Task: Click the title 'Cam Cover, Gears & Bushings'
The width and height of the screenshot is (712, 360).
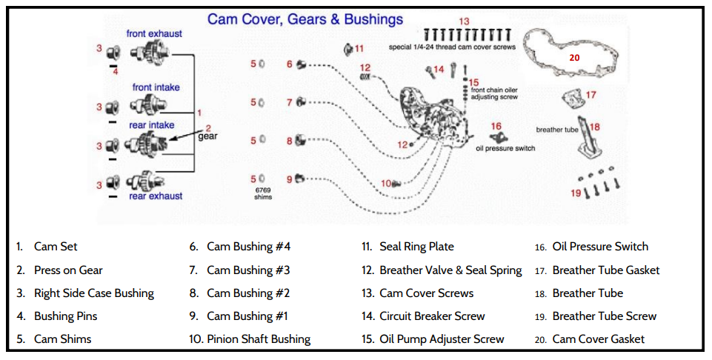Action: click(x=305, y=19)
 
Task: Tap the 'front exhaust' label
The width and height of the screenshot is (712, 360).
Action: click(x=154, y=34)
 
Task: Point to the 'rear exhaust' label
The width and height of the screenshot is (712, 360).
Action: click(x=156, y=196)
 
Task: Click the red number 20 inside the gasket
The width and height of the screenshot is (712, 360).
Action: click(x=575, y=56)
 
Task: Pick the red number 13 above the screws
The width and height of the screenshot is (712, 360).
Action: click(x=465, y=21)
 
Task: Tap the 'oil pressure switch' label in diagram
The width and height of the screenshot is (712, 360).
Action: click(x=505, y=148)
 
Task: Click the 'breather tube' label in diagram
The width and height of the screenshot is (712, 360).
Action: click(x=556, y=130)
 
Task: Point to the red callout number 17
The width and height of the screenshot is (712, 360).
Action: click(x=591, y=95)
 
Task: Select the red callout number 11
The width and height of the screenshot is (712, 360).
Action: click(x=359, y=49)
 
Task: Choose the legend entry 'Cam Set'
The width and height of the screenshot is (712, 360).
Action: click(x=56, y=247)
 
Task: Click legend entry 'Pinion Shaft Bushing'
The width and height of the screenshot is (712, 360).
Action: click(x=259, y=339)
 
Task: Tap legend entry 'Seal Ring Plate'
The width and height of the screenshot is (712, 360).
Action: click(x=416, y=247)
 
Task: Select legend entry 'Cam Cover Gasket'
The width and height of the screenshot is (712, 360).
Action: click(x=599, y=339)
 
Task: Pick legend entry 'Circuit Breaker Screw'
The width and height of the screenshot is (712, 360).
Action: click(x=432, y=316)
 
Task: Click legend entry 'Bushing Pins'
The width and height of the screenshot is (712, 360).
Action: click(x=66, y=316)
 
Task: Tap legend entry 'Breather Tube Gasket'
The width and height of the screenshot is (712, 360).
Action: click(x=606, y=270)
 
